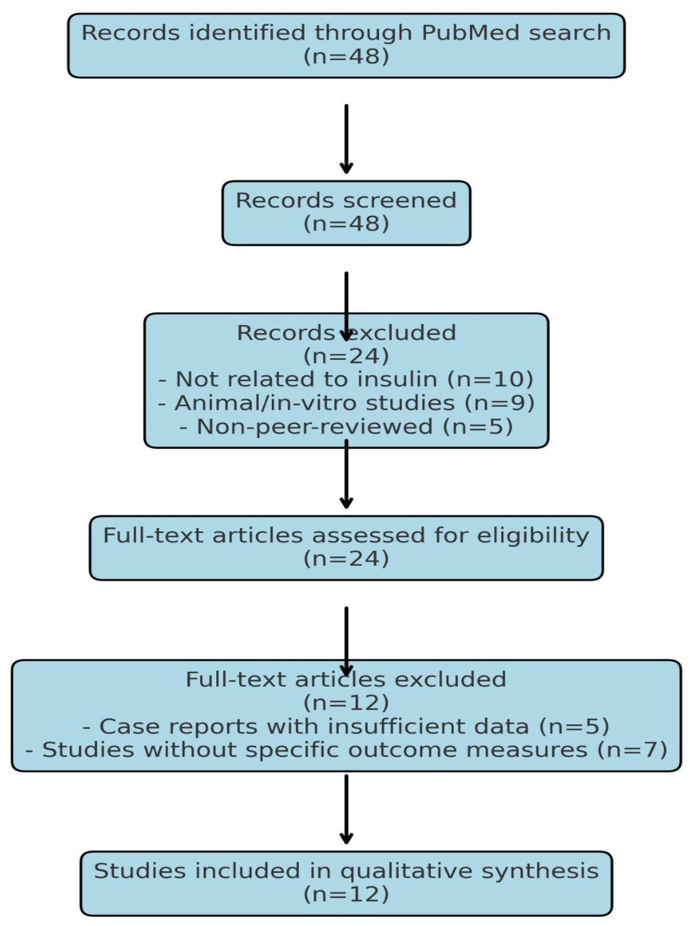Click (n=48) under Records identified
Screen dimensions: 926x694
coord(346,56)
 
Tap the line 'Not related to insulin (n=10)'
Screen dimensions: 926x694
coord(346,379)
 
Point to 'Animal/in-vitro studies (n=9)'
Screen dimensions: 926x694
coord(346,403)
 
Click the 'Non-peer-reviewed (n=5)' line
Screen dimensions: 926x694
coord(346,426)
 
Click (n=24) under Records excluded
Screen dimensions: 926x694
coord(346,356)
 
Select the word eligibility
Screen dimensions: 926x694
coord(533,535)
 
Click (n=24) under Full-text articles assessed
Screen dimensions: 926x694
coord(346,558)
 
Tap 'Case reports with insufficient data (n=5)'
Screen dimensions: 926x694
coord(346,726)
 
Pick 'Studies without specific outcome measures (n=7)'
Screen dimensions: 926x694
coord(346,750)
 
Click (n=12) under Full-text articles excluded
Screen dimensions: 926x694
coord(346,703)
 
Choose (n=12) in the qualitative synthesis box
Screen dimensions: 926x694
coord(346,894)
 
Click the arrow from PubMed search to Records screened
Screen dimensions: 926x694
coord(346,137)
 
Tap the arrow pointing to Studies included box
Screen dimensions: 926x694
coord(346,809)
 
